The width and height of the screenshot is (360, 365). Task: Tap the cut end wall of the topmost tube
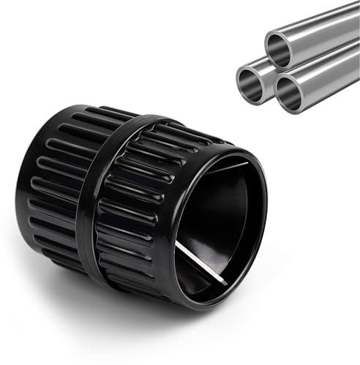click(270, 43)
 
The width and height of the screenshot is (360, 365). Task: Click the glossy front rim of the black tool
click(260, 241)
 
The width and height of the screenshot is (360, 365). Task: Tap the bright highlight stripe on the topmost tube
click(322, 18)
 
